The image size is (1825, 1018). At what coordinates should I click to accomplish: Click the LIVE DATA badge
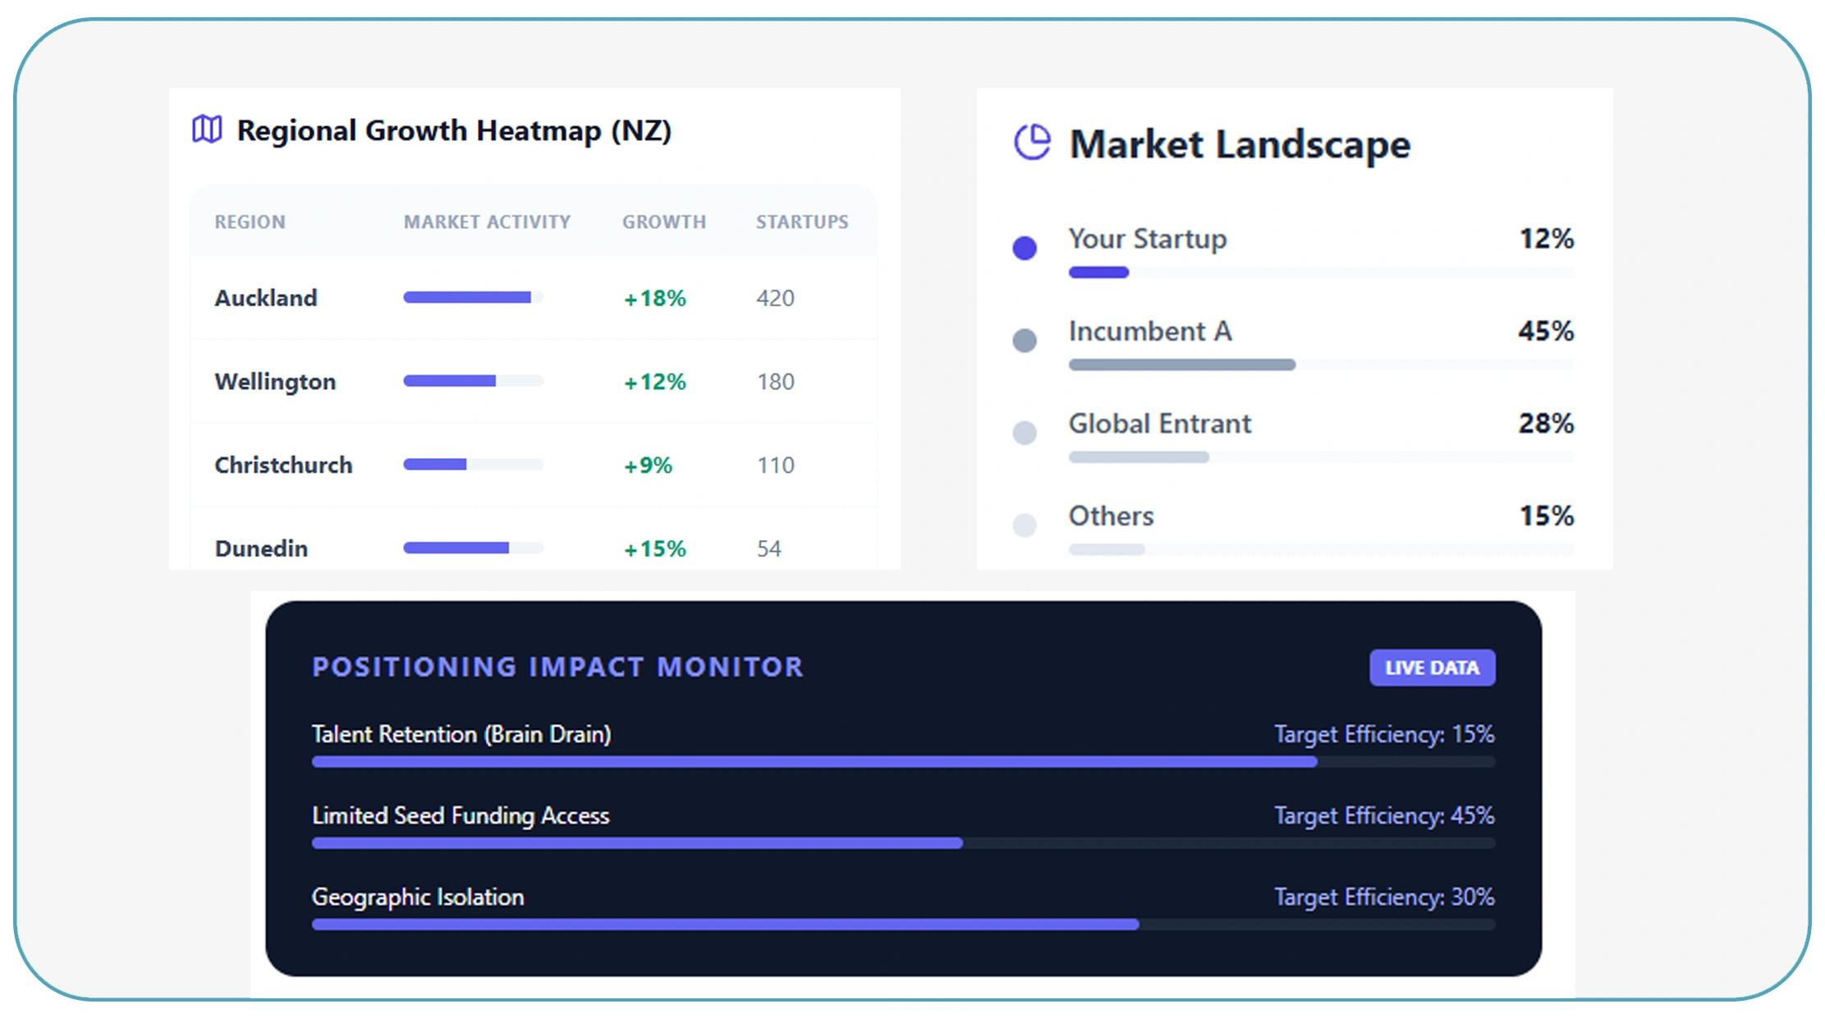pos(1432,667)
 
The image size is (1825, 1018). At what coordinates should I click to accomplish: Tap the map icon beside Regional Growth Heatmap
pos(207,129)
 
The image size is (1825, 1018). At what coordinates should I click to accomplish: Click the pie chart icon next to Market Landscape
pos(1032,142)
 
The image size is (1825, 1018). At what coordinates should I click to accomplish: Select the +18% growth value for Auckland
pos(654,298)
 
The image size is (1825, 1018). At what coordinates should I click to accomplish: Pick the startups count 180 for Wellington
pos(775,382)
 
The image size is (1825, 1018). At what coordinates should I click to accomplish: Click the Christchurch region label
pos(283,465)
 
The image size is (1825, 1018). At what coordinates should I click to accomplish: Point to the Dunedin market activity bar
pos(472,548)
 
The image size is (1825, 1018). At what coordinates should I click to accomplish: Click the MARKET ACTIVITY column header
pos(487,222)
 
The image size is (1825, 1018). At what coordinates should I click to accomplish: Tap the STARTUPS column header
pos(802,222)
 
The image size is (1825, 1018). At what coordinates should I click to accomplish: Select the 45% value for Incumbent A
pos(1546,331)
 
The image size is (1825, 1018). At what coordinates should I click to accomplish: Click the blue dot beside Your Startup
pos(1025,247)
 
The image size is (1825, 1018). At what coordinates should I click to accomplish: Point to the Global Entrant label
pos(1159,424)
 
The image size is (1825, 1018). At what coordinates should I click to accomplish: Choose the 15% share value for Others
pos(1547,516)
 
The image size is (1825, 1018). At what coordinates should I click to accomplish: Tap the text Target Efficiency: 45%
pos(1384,815)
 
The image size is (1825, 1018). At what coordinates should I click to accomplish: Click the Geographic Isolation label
pos(418,896)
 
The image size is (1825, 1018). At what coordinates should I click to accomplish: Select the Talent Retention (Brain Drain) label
pos(461,734)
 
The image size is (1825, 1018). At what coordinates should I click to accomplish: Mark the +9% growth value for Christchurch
pos(648,465)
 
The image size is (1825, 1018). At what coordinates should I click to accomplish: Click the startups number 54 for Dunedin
pos(768,548)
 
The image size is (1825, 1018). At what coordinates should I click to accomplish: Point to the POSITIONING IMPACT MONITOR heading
pos(557,667)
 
